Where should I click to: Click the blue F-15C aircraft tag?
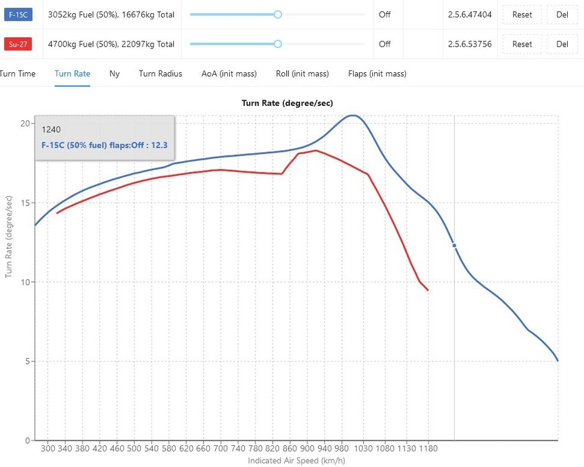point(17,14)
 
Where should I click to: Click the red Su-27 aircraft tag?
point(17,44)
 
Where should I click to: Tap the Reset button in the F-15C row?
point(522,14)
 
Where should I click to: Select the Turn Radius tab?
point(161,73)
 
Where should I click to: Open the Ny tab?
point(115,73)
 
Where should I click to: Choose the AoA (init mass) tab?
point(229,73)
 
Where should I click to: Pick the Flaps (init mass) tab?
point(377,73)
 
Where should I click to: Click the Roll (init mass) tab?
point(303,73)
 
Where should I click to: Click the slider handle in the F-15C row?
point(278,14)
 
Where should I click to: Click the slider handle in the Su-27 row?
point(278,44)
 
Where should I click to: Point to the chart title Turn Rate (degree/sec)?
point(292,103)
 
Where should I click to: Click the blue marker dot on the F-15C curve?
point(454,245)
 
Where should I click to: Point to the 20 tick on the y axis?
point(26,123)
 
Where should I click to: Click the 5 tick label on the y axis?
point(27,361)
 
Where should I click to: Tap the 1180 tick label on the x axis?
point(428,448)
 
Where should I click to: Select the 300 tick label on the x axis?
point(49,448)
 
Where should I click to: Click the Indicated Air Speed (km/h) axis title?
point(296,461)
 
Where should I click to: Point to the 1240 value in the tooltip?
point(51,130)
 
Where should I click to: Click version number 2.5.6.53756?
point(469,44)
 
